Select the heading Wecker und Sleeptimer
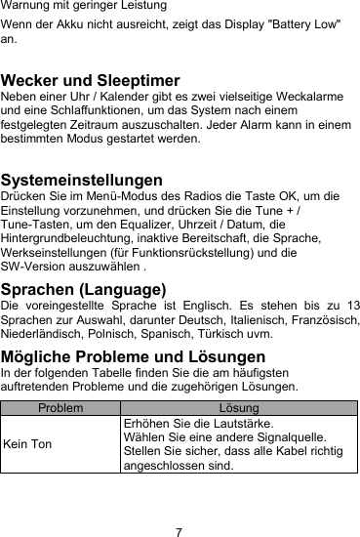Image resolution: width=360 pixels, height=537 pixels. pos(91,80)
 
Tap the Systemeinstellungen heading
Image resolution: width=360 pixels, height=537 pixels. pos(81,181)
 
